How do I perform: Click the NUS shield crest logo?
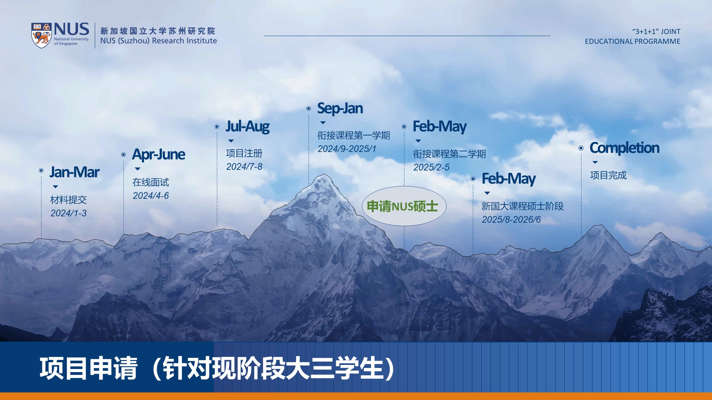(x=41, y=35)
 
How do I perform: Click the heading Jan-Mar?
(x=75, y=172)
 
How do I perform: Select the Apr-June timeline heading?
(x=159, y=155)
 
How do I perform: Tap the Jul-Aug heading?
(x=248, y=127)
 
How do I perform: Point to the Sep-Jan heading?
(x=340, y=109)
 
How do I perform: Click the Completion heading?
(x=624, y=148)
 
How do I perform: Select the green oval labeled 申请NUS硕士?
(x=404, y=206)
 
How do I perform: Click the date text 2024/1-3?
(x=68, y=213)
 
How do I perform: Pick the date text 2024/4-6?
(x=151, y=196)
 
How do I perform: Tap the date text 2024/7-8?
(x=244, y=167)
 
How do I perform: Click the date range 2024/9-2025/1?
(x=347, y=149)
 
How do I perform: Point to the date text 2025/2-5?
(x=431, y=167)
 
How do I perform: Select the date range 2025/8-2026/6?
(x=511, y=220)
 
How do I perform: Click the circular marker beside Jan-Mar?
(x=41, y=171)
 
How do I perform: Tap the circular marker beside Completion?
(x=581, y=148)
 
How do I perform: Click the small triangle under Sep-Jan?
(x=323, y=123)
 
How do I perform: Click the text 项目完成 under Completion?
(x=608, y=175)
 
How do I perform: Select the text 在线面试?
(x=151, y=182)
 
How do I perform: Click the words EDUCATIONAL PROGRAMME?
(x=632, y=41)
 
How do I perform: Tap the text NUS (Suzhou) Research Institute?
(x=159, y=41)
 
